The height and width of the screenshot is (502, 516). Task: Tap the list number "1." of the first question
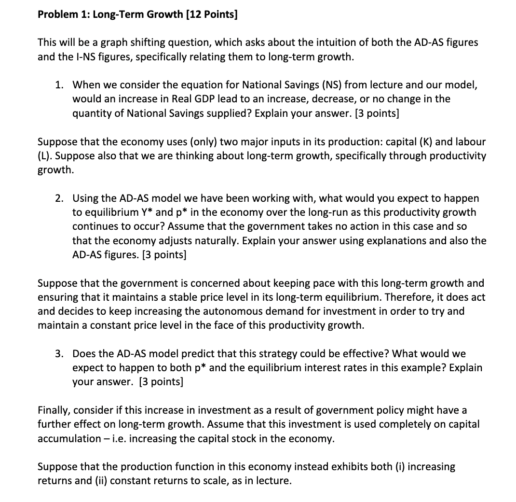pos(60,85)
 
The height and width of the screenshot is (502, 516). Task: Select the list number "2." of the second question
pos(60,198)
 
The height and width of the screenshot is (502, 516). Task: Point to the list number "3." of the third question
pos(60,354)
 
